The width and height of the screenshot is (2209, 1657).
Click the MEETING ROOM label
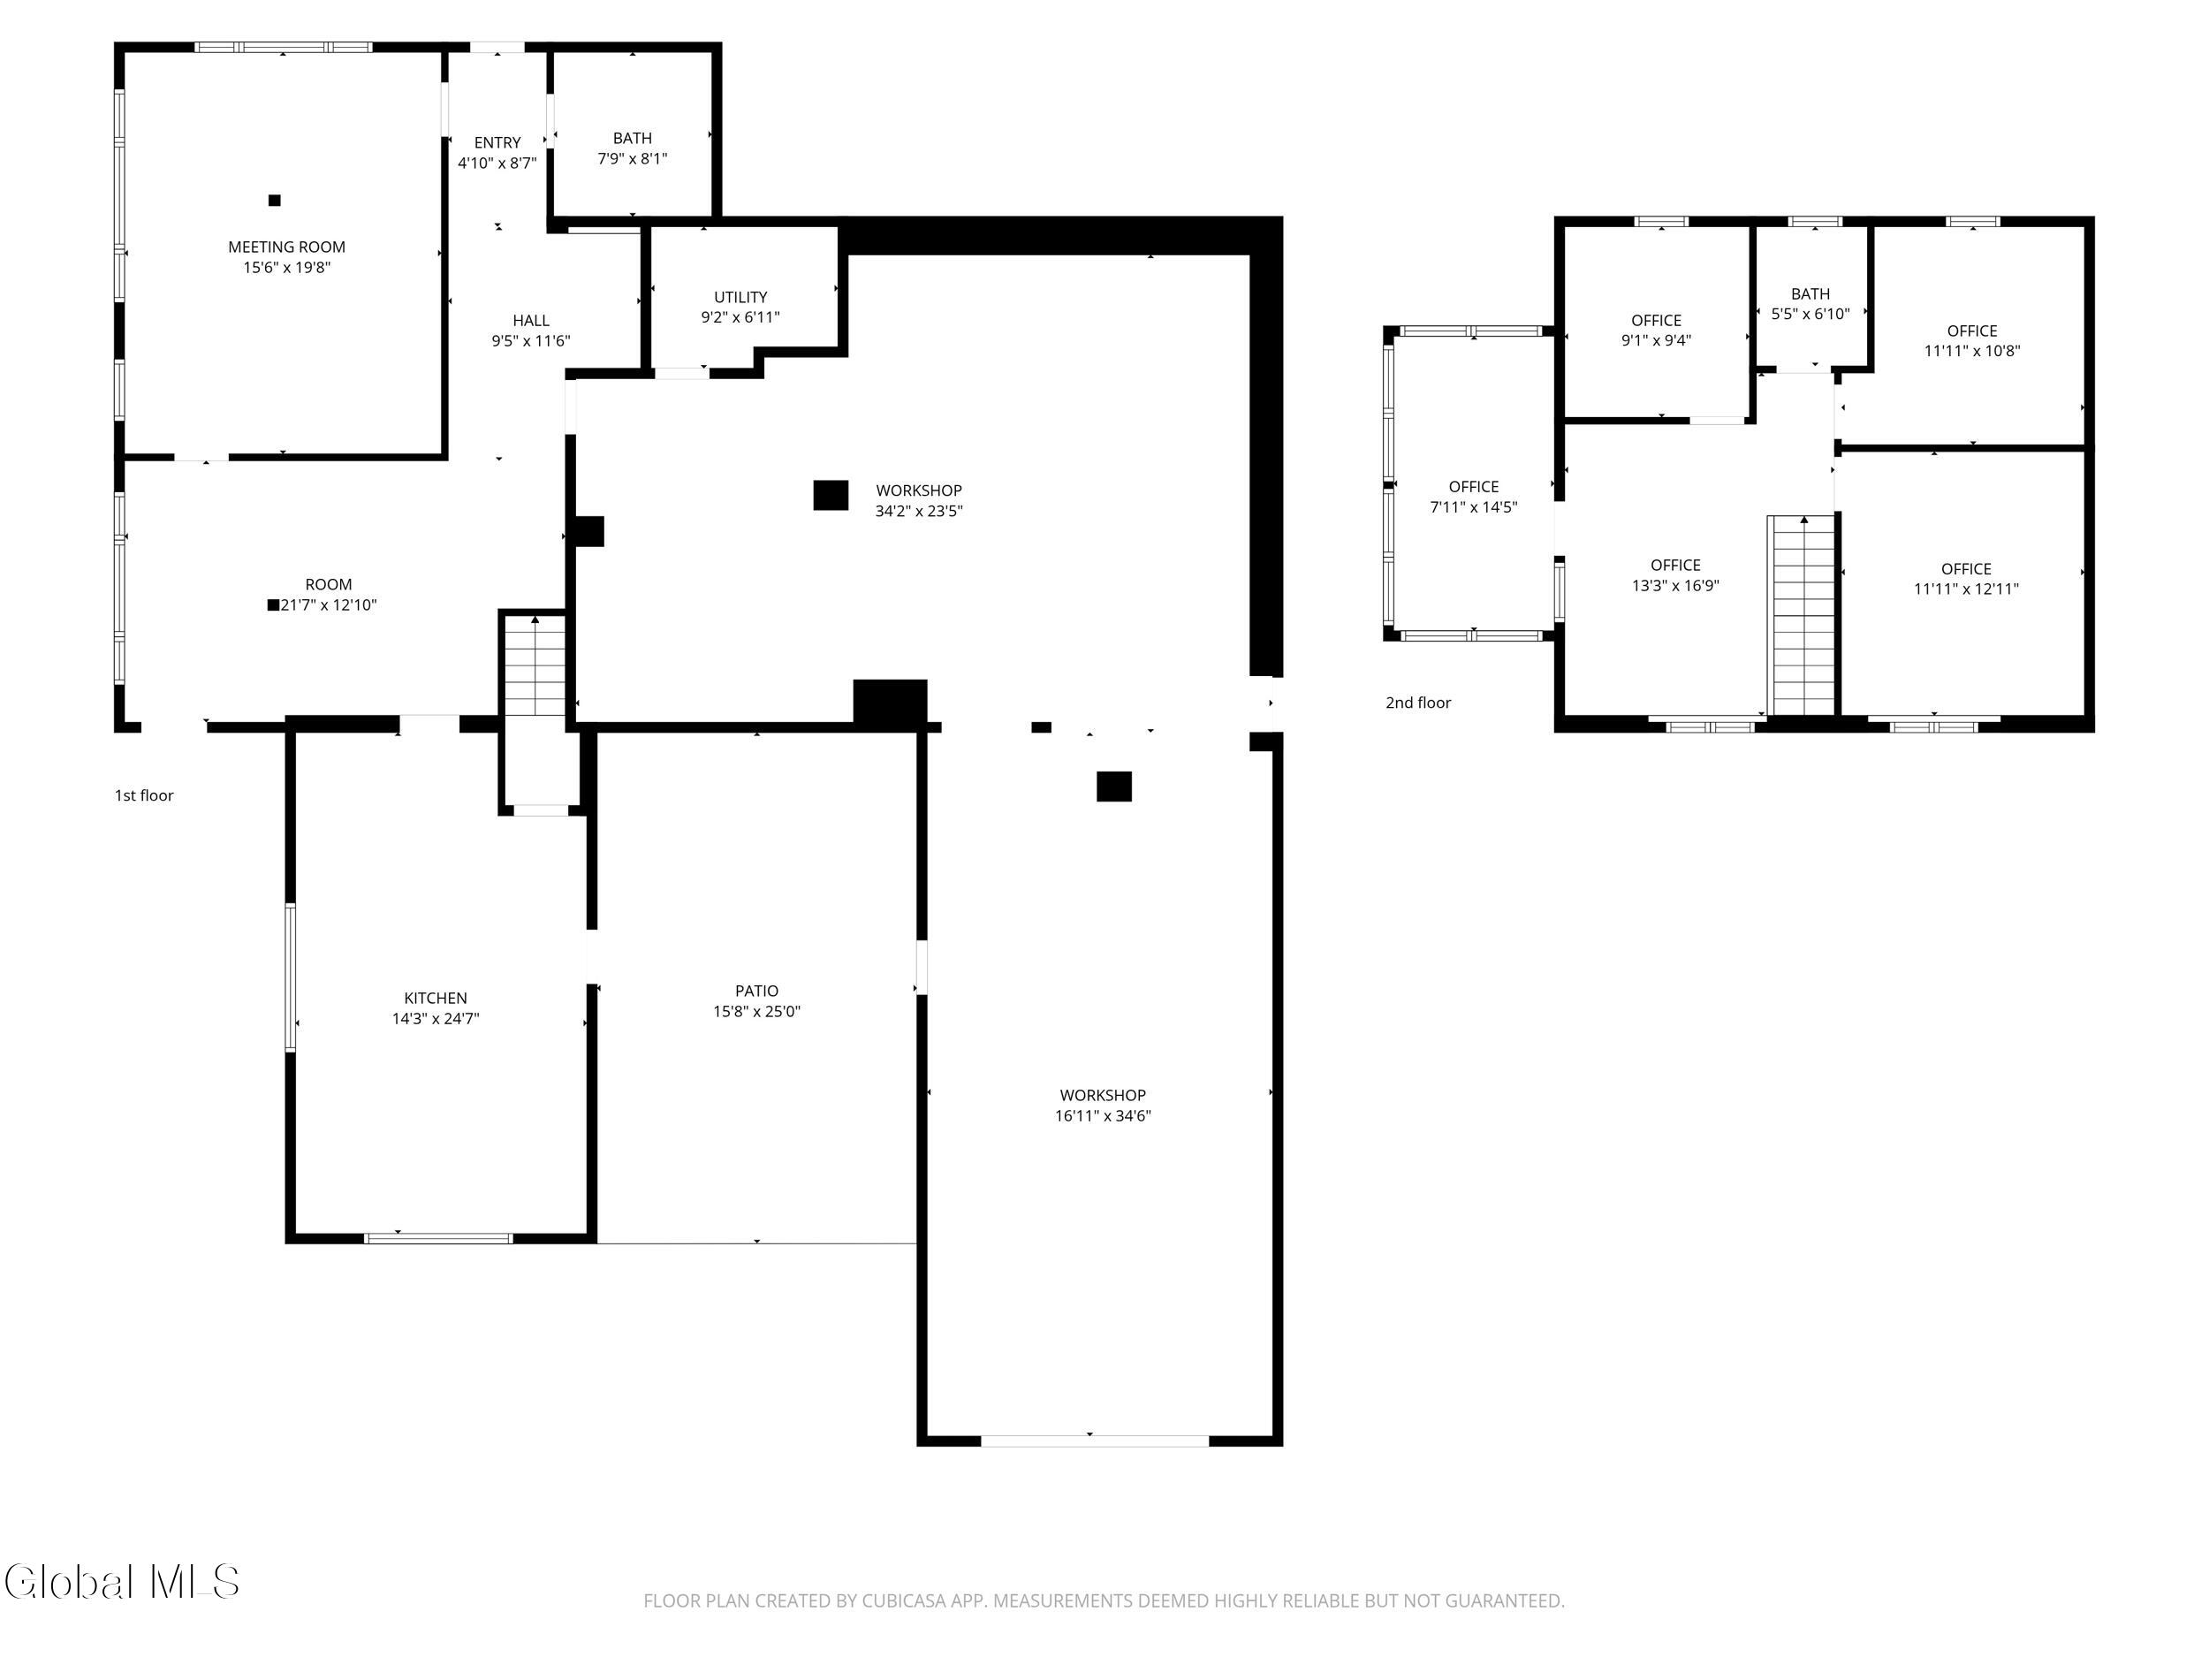click(286, 247)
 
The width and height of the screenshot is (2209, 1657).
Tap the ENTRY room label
click(497, 143)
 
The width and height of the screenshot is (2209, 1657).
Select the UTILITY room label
click(741, 297)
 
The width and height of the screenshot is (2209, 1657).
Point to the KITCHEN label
click(436, 998)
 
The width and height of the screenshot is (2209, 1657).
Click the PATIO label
click(757, 991)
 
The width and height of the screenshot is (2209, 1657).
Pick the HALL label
click(531, 321)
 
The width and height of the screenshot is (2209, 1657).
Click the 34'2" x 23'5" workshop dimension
click(919, 512)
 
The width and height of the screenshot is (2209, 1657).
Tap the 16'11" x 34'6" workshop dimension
click(1104, 1115)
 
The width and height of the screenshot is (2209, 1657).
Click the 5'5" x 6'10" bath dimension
click(1810, 314)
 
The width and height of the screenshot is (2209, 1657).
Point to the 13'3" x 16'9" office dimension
click(1675, 586)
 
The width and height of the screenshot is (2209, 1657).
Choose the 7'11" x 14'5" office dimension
click(1474, 507)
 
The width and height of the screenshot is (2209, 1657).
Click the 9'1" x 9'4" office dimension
click(1657, 340)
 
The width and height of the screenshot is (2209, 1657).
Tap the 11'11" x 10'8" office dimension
click(1972, 352)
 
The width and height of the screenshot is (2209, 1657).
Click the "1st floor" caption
click(144, 796)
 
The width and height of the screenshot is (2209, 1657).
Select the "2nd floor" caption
click(1418, 703)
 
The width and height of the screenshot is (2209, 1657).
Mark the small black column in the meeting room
click(275, 200)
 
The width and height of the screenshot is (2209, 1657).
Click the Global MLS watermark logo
click(122, 1582)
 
